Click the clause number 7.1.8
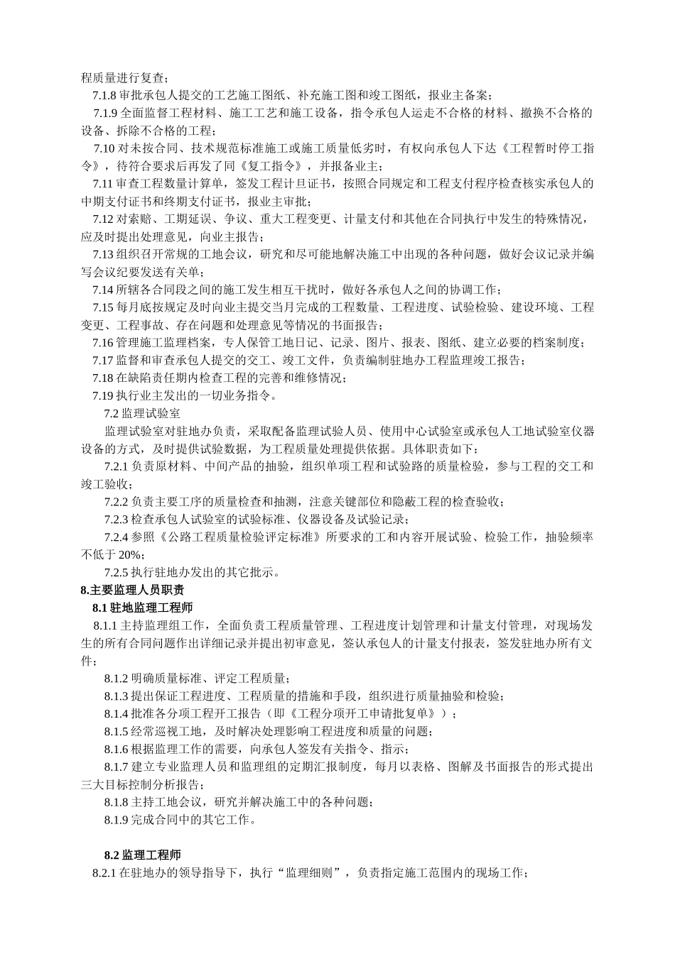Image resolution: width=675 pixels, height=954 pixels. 104,95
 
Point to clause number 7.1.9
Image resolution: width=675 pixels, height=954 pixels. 106,113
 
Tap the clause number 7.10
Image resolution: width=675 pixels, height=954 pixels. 104,148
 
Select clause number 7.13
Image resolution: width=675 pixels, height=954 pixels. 103,254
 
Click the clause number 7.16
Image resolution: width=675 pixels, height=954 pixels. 103,343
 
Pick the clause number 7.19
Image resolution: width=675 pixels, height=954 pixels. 103,395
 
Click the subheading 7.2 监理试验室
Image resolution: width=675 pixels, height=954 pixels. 142,413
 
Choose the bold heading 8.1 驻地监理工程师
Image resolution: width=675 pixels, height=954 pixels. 142,608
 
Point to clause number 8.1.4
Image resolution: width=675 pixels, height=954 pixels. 117,713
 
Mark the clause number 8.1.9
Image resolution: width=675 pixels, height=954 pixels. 117,819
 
